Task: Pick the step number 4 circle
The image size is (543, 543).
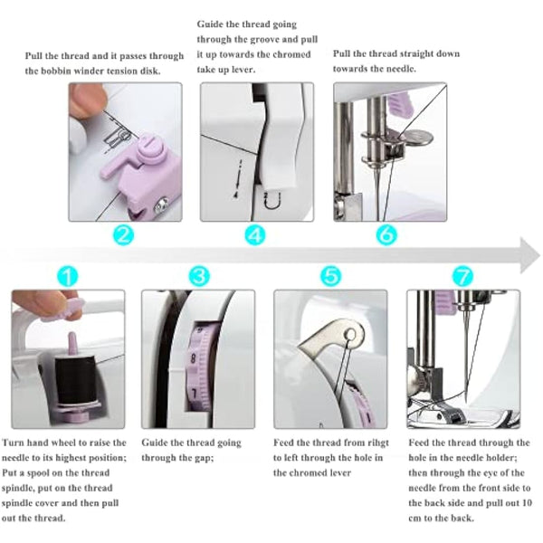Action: [256, 236]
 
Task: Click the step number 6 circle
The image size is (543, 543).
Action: [386, 236]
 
